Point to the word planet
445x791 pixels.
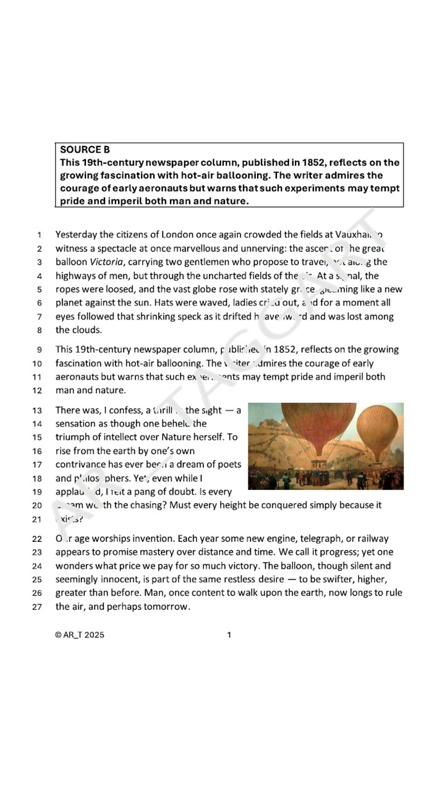[x=69, y=303]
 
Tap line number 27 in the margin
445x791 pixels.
[x=36, y=607]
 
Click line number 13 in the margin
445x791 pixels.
[x=36, y=410]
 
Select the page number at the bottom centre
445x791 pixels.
[x=229, y=635]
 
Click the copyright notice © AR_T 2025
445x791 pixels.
[x=80, y=635]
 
